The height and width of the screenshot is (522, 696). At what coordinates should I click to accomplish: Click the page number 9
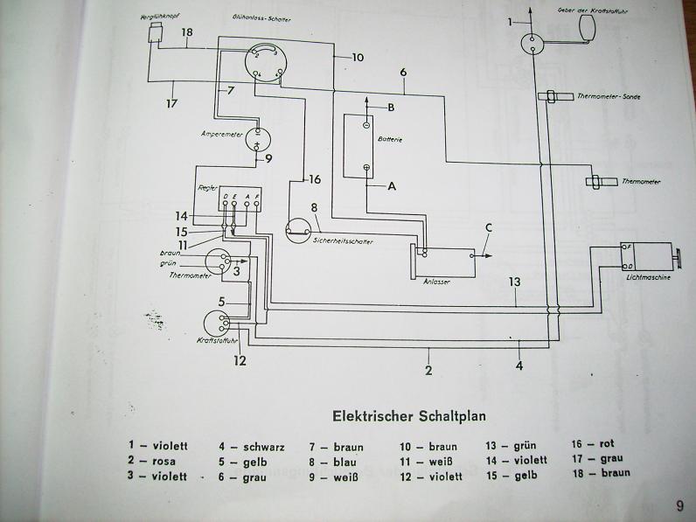click(679, 505)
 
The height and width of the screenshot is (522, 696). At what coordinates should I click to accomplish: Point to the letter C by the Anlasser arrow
click(490, 229)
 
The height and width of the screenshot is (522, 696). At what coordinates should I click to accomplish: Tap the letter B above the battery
click(392, 108)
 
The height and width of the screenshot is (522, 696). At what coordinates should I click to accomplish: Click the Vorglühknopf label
click(155, 17)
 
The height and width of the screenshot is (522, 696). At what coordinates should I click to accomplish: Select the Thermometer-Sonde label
click(609, 96)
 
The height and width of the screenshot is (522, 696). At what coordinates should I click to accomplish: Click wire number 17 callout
click(171, 103)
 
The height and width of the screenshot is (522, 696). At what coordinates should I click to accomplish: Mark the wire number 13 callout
click(516, 282)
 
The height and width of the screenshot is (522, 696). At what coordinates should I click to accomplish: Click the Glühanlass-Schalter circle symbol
click(261, 62)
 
